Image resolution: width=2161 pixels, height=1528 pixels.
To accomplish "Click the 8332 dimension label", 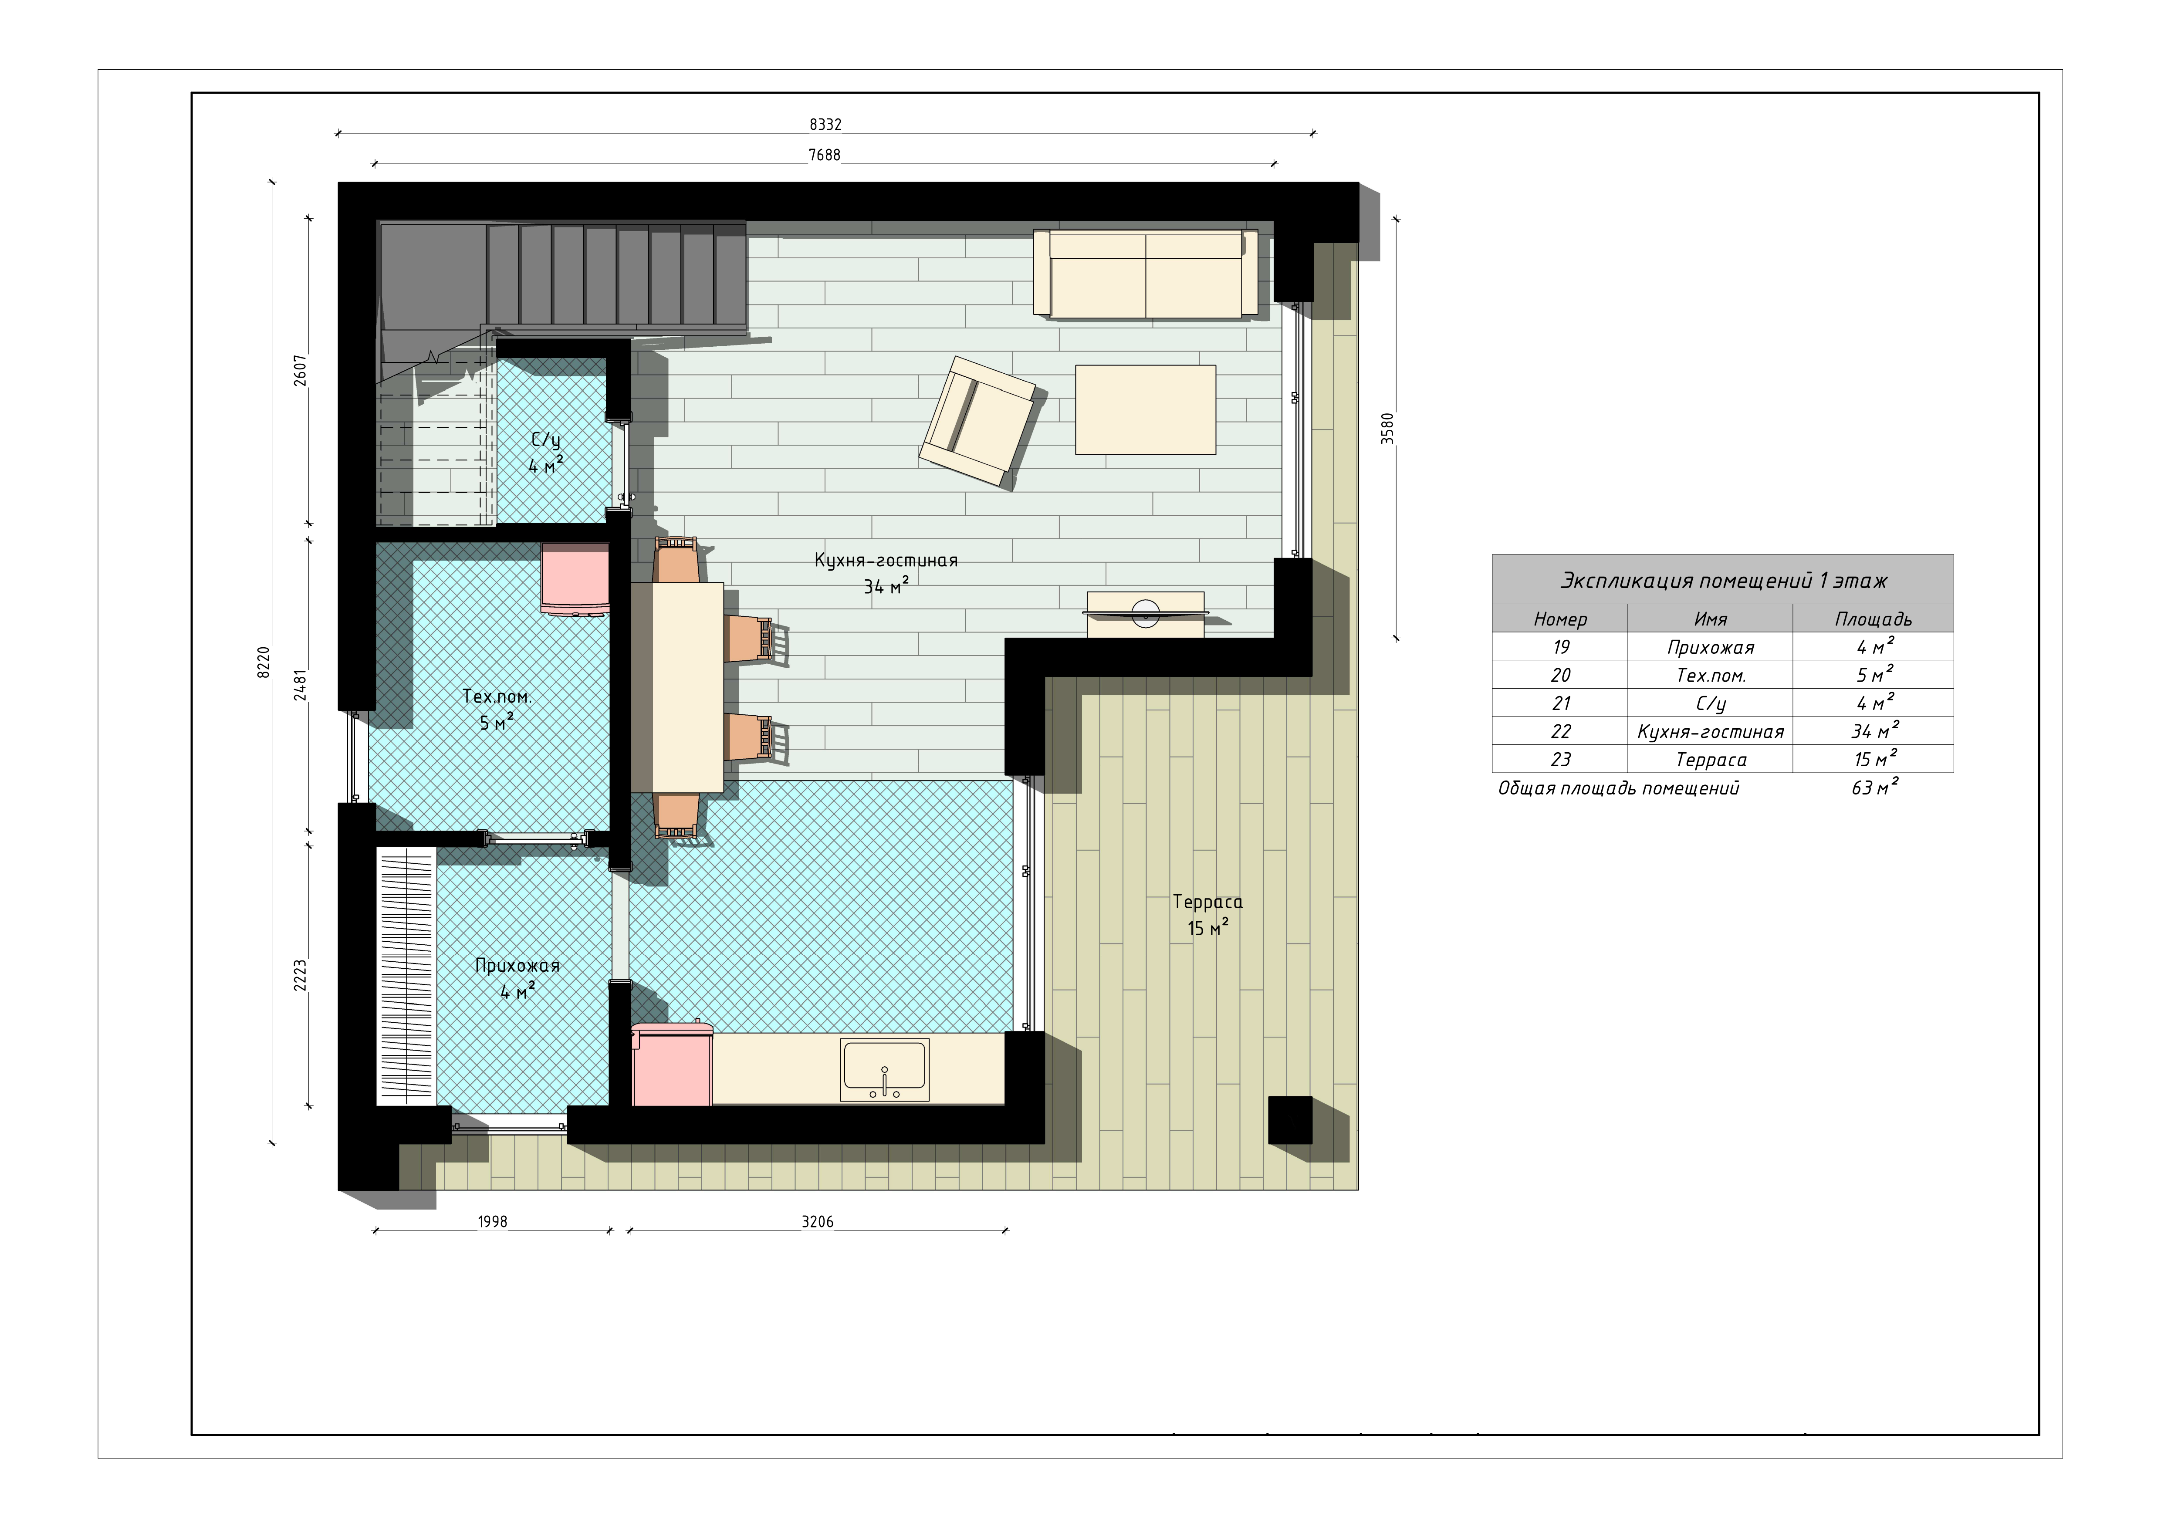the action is (825, 124).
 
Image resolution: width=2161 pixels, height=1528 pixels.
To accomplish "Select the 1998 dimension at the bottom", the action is (492, 1221).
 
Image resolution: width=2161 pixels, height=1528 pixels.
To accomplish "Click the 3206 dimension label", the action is (817, 1221).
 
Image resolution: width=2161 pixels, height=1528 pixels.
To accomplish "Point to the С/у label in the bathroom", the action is (546, 439).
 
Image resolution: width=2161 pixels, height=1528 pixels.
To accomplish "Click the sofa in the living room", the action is (1146, 274).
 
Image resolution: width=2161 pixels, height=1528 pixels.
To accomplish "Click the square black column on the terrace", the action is (1290, 1120).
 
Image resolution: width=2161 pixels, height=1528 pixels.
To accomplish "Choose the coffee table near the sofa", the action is (1146, 409).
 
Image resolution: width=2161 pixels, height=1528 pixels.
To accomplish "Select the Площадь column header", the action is (1873, 619).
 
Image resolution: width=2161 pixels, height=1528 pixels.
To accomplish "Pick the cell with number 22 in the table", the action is (1560, 731).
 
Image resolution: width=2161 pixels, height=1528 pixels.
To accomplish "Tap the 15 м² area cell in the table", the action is (1875, 758).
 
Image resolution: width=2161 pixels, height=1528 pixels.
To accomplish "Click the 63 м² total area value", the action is (1875, 787).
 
